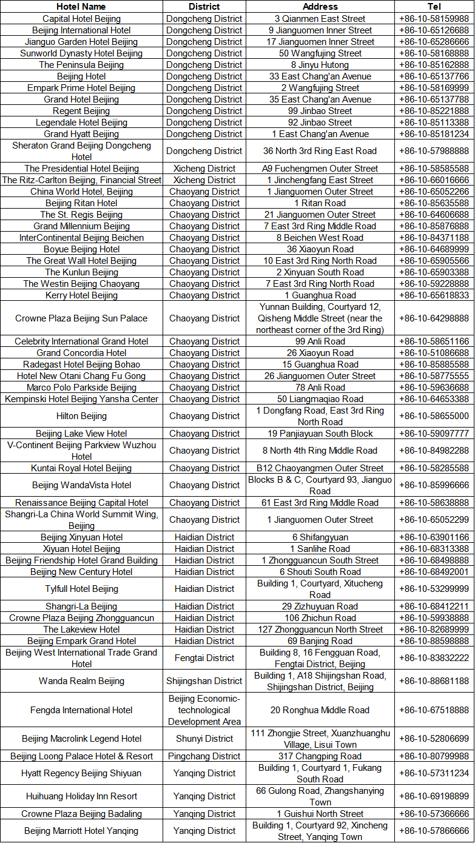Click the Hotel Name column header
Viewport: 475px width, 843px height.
point(81,7)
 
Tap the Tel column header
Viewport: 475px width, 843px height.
point(434,7)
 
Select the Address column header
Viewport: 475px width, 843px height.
point(320,7)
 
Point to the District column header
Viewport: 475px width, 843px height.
point(204,7)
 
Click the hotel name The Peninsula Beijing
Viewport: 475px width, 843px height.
point(81,65)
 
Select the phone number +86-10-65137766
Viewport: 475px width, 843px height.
point(434,76)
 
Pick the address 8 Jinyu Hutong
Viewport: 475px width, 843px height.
point(320,65)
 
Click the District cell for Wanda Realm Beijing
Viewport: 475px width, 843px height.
point(204,681)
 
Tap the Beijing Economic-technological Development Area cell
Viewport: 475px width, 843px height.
point(204,710)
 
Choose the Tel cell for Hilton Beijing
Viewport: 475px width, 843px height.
point(434,416)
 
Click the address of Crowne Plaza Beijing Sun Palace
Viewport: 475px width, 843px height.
point(320,318)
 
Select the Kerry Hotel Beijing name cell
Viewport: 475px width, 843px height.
point(81,295)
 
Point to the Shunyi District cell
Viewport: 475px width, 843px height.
point(204,739)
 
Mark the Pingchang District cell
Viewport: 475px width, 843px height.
point(204,756)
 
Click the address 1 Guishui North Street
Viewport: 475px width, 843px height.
point(320,814)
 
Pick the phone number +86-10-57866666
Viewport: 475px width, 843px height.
point(434,831)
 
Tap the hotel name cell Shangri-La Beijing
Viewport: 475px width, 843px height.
point(81,606)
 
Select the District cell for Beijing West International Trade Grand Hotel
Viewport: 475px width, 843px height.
point(204,658)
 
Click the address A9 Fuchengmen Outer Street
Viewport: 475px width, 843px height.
point(320,169)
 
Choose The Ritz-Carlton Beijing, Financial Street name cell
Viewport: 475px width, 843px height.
point(81,180)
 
